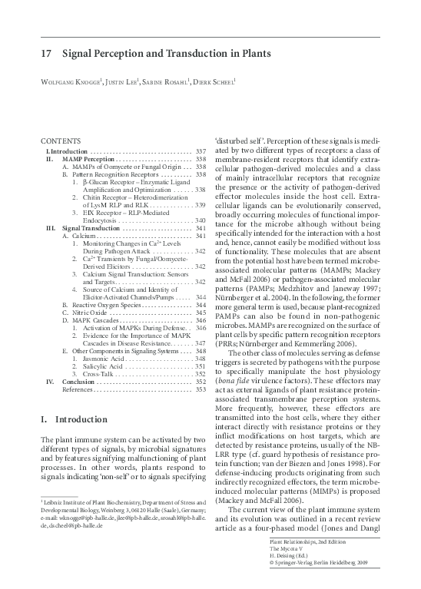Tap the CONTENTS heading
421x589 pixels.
(58, 141)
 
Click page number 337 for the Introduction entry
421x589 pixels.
(201, 152)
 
